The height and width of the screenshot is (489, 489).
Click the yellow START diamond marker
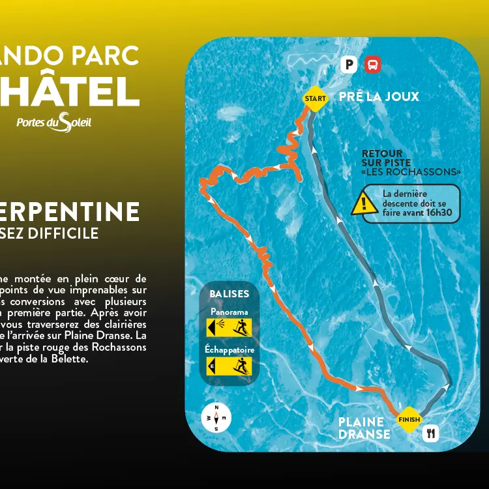(315, 99)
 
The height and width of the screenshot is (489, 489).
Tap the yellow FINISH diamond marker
(409, 419)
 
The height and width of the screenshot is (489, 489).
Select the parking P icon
(350, 65)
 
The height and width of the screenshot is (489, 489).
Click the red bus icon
(372, 65)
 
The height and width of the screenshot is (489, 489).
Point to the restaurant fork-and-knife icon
(430, 433)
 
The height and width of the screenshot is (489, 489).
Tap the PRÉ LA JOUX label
(379, 97)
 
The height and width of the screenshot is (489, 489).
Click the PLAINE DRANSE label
(364, 428)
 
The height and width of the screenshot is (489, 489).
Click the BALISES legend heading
(229, 294)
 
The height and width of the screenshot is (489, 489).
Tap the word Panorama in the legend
(229, 312)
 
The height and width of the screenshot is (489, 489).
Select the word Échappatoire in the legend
(229, 350)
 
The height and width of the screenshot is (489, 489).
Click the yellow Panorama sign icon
(229, 327)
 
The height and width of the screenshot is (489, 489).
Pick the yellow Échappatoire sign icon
(229, 366)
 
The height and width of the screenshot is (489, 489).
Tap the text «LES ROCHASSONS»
(411, 172)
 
